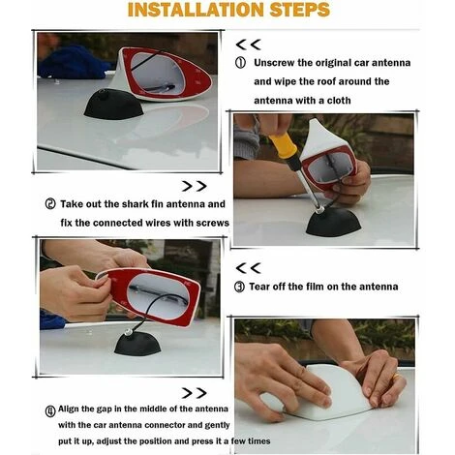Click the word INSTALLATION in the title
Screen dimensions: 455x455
coord(196,10)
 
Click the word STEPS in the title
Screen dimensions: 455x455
coord(300,10)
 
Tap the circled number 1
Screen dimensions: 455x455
coord(240,63)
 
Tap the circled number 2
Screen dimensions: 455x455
coord(50,204)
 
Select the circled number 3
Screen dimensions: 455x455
coord(239,287)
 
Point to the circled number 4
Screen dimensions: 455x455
coord(50,411)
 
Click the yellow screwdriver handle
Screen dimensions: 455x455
coord(283,145)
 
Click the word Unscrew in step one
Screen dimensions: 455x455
coord(274,63)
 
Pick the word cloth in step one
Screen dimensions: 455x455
coord(339,101)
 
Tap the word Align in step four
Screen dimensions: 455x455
coord(68,409)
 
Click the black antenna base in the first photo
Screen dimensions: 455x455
coord(113,105)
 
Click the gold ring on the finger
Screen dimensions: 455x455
coord(396,377)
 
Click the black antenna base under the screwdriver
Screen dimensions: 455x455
coord(333,222)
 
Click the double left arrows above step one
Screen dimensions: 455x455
coord(248,45)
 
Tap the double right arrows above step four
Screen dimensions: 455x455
coord(194,393)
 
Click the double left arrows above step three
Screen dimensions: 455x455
coord(248,268)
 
